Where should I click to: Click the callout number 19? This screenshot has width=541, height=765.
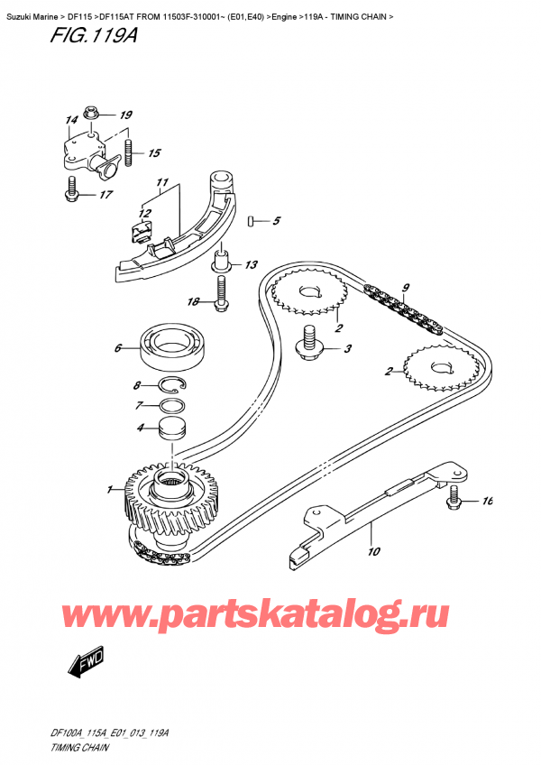125,115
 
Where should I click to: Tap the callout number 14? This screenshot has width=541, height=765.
70,120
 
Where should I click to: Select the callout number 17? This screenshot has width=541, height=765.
105,194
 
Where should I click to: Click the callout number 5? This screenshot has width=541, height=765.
277,221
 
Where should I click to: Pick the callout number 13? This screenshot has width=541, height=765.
251,264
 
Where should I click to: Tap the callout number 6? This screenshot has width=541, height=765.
118,346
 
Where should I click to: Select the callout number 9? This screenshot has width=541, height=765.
406,289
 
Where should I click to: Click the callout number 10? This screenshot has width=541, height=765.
373,551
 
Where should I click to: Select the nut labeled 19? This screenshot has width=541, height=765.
93,114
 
